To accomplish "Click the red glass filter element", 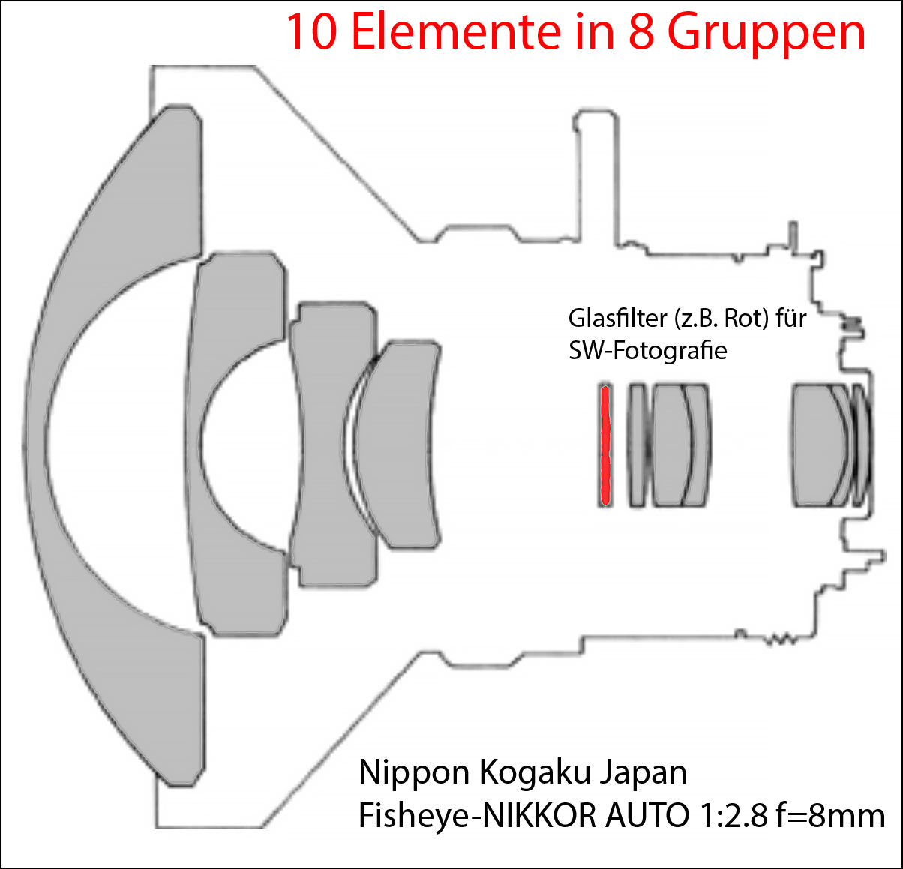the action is point(605,445).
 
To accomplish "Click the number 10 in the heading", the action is point(312,31).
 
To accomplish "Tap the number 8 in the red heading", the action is point(642,31).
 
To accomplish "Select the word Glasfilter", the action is point(617,318).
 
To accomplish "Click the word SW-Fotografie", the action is point(648,350).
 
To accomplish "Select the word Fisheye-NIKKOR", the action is point(478,816).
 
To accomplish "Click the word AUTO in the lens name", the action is point(647,816).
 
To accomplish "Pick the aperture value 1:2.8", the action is point(733,816).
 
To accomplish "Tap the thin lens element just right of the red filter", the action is point(637,445).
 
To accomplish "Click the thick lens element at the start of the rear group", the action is point(817,445).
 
